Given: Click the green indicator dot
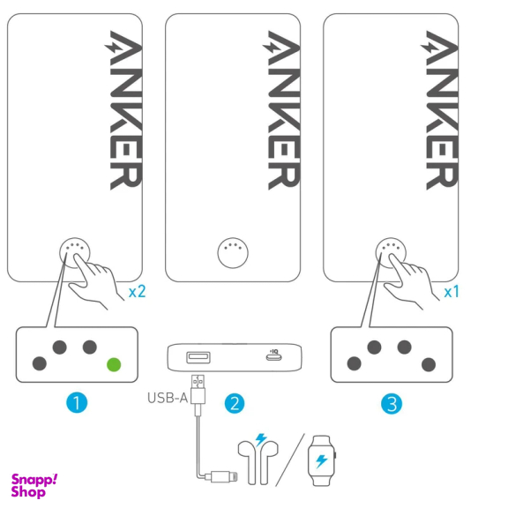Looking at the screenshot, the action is pyautogui.click(x=114, y=364).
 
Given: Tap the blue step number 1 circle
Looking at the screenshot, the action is pyautogui.click(x=77, y=403).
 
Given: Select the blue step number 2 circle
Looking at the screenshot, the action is pyautogui.click(x=235, y=403).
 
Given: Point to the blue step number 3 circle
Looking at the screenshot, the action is pyautogui.click(x=392, y=404).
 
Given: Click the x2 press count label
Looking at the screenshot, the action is pyautogui.click(x=138, y=292).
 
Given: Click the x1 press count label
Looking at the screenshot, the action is pyautogui.click(x=452, y=292).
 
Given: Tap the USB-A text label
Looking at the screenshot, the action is pyautogui.click(x=168, y=398).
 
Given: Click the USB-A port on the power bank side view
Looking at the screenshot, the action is pyautogui.click(x=198, y=357).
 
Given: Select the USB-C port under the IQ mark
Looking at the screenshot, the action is pyautogui.click(x=273, y=357).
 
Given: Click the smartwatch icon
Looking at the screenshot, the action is pyautogui.click(x=322, y=460).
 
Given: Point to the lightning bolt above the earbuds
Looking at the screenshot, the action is pyautogui.click(x=261, y=440).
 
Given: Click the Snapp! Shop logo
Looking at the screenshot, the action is pyautogui.click(x=34, y=486).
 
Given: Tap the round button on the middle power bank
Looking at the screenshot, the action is pyautogui.click(x=233, y=253).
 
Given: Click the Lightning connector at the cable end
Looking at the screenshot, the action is pyautogui.click(x=224, y=476).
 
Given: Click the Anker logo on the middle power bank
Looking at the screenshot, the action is pyautogui.click(x=281, y=110).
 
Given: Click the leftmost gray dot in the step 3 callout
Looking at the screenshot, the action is pyautogui.click(x=355, y=363).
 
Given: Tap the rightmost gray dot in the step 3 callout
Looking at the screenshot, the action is pyautogui.click(x=429, y=364).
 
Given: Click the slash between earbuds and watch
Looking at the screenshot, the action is pyautogui.click(x=290, y=460).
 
